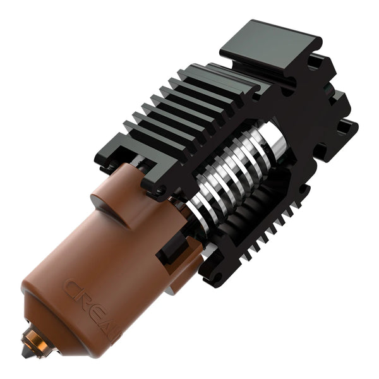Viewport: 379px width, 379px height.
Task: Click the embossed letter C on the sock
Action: point(71,289)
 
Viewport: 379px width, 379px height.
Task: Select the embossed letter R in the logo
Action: point(84,300)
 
